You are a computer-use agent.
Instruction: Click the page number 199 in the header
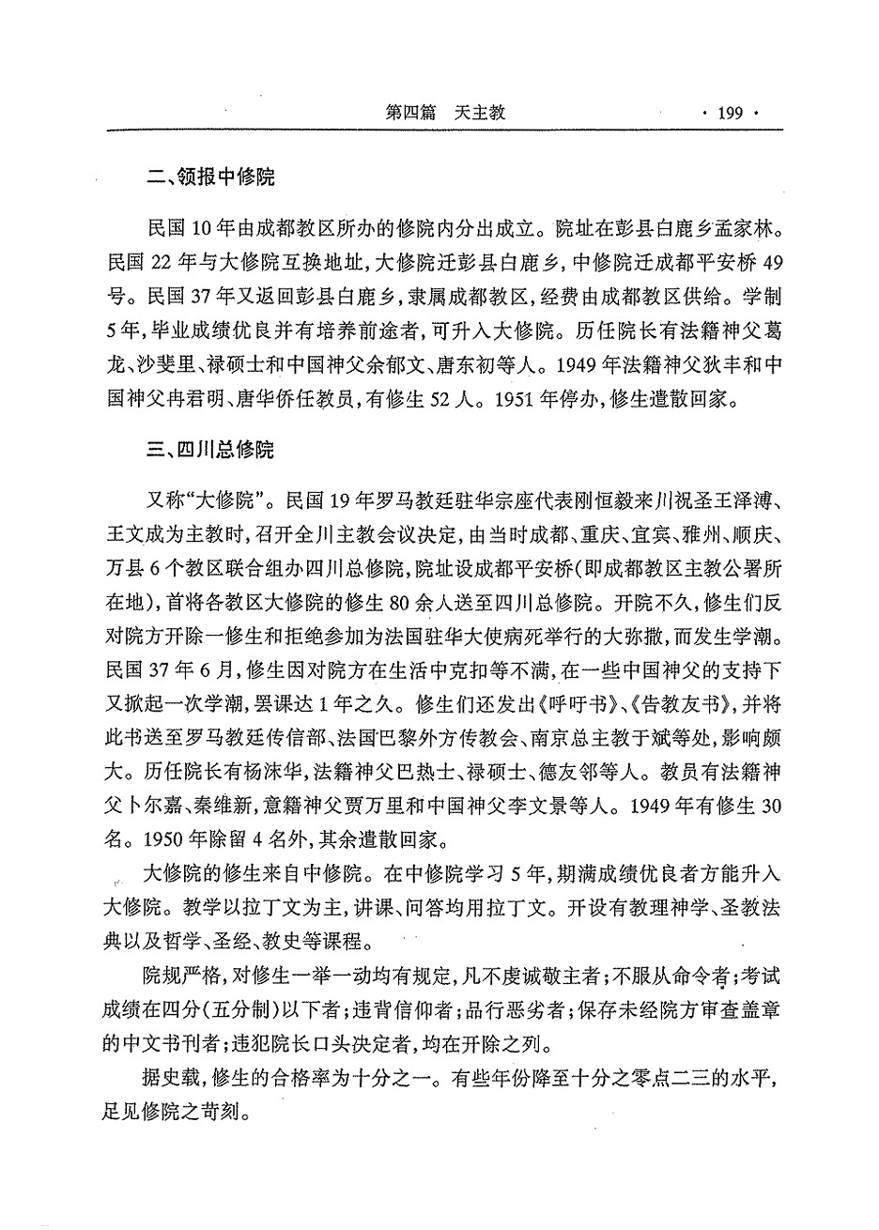[730, 114]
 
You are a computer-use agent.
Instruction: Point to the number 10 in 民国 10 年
[205, 229]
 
